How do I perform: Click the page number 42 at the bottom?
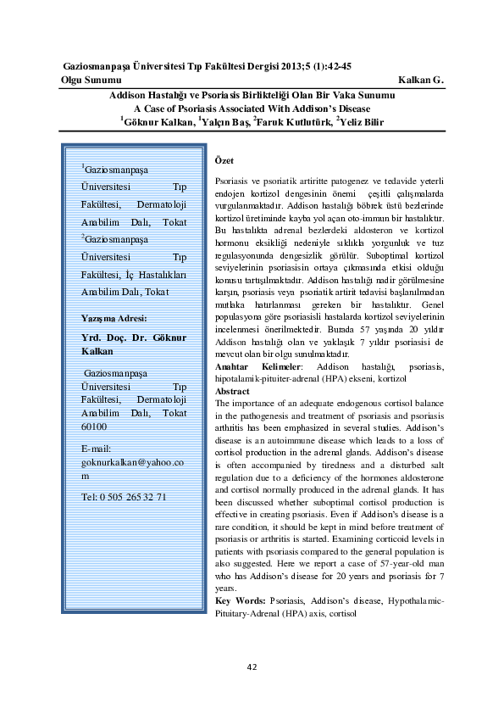[252, 667]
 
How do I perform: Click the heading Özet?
[225, 161]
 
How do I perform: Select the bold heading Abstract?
[233, 392]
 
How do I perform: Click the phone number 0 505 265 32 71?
[119, 497]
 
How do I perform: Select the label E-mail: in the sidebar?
[98, 448]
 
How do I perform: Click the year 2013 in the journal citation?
[291, 65]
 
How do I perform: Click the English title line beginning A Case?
[252, 109]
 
